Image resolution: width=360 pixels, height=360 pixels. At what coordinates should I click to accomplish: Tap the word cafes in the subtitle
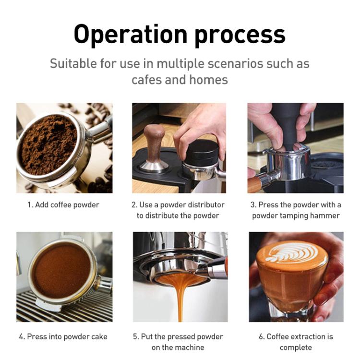(x=147, y=79)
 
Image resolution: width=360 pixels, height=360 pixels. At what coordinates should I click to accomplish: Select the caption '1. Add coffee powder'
(x=63, y=205)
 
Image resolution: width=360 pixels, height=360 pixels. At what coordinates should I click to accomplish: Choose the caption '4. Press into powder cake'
(x=63, y=336)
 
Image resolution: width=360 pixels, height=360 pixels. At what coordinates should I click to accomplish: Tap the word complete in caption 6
(x=296, y=347)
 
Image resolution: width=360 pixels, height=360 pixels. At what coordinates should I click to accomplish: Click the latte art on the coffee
(x=293, y=252)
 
